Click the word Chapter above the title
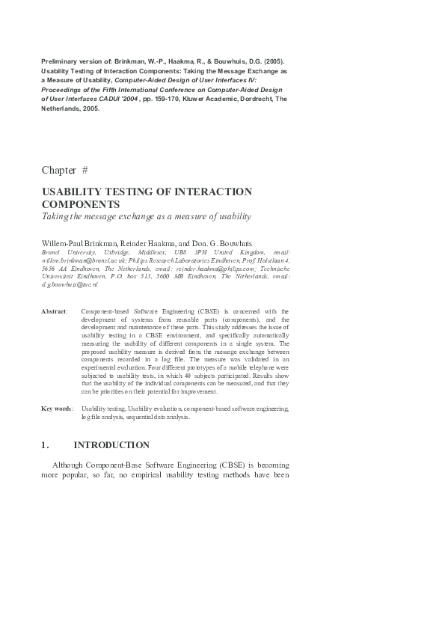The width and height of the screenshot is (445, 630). click(x=58, y=171)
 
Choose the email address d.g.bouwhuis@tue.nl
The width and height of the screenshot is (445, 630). click(x=70, y=285)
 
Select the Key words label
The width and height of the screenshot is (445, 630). click(x=57, y=409)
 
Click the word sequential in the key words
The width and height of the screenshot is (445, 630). click(x=129, y=417)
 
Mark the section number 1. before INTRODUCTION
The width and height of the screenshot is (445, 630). click(x=45, y=445)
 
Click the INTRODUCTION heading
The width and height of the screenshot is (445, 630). click(x=111, y=445)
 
